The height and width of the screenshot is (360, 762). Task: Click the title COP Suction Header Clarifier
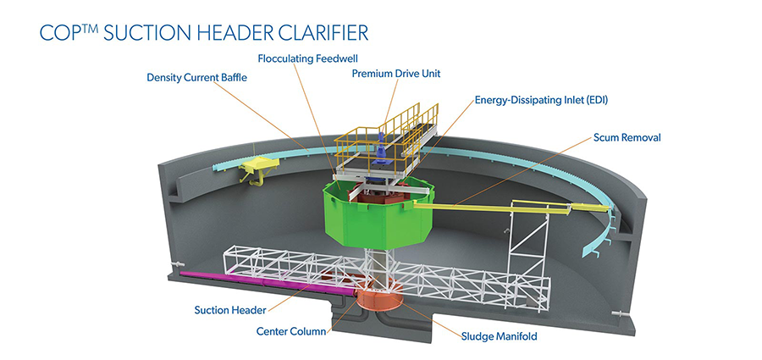[x=204, y=33]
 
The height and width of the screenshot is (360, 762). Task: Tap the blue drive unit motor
[x=382, y=152]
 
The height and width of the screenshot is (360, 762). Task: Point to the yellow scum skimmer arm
[x=474, y=203]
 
